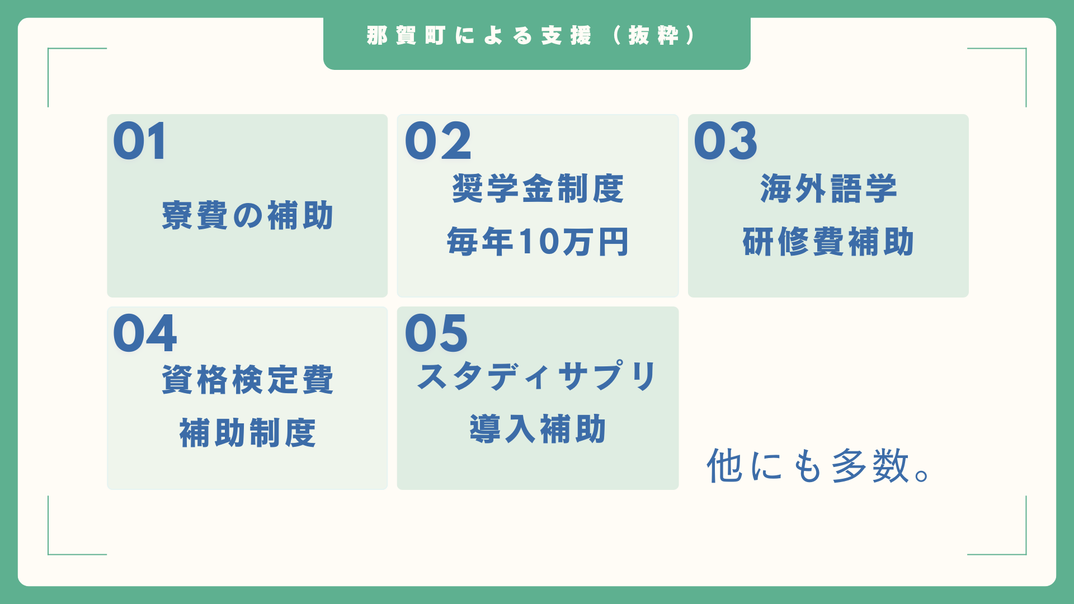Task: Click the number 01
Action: click(x=140, y=141)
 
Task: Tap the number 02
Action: click(x=438, y=141)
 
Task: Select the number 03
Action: click(x=726, y=141)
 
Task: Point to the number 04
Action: click(x=145, y=333)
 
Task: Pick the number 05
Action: click(x=436, y=333)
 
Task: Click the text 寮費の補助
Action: click(x=247, y=215)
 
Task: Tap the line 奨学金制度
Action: click(x=538, y=188)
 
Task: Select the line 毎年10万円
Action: click(x=538, y=242)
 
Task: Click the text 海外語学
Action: click(x=828, y=188)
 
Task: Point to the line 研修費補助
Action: click(x=828, y=242)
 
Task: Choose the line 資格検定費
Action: click(x=247, y=380)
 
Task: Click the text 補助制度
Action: click(x=247, y=433)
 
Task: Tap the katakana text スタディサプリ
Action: click(x=538, y=376)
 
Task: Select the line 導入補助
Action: click(x=538, y=429)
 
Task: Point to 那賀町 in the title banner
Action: click(x=406, y=36)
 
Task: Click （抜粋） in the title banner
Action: click(x=654, y=36)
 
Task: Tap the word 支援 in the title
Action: click(x=566, y=36)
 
